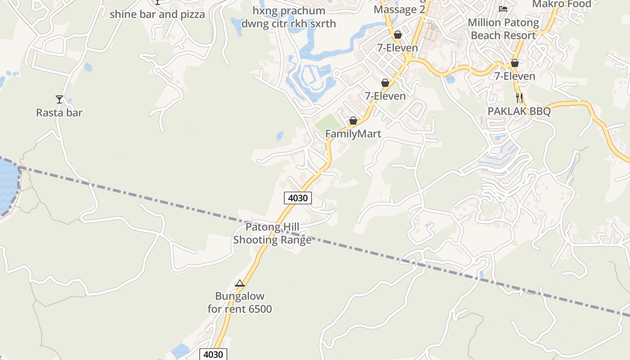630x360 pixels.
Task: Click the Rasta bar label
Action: coord(59,112)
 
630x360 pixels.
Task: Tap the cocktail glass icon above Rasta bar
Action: coord(59,99)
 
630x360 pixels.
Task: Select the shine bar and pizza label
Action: coord(157,14)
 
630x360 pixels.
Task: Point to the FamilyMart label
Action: coord(353,134)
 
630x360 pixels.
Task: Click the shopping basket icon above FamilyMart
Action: coord(353,121)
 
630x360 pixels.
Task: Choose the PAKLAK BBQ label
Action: coord(519,111)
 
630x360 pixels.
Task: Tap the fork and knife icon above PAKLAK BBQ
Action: coord(519,98)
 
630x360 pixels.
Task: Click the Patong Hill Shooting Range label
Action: coord(272,234)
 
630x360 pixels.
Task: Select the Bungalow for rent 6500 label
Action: coord(240,302)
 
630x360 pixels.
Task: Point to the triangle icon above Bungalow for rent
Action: coord(240,283)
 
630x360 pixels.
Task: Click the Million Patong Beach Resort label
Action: coord(503,29)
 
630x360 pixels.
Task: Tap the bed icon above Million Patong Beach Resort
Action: coord(503,9)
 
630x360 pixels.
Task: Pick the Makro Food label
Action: coord(562,4)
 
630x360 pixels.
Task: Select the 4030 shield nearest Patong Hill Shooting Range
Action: coord(298,198)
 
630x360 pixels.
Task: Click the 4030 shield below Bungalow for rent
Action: coord(213,354)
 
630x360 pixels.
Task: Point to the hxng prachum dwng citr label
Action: coord(288,17)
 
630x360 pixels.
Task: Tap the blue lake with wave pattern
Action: coord(8,184)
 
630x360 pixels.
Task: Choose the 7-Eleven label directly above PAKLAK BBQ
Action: coord(515,76)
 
